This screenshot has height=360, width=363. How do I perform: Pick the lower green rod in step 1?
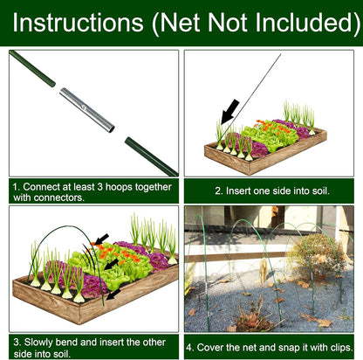click(150, 156)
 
